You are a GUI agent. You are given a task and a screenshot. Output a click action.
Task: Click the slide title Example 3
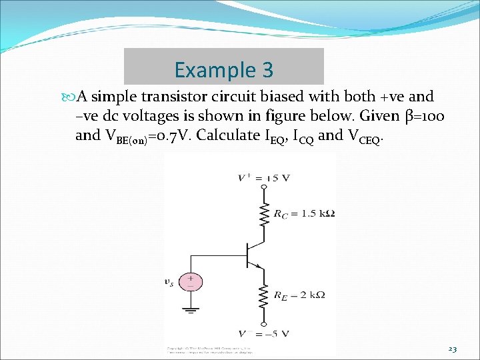[x=223, y=69]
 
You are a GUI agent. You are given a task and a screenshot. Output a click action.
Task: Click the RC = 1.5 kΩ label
[x=304, y=214]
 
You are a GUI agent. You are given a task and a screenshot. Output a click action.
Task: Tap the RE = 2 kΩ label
[x=299, y=294]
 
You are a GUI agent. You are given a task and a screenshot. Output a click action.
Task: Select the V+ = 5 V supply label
[x=264, y=177]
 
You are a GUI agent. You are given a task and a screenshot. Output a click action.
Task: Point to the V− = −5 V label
[x=264, y=333]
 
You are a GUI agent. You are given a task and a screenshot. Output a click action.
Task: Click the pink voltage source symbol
[x=191, y=281]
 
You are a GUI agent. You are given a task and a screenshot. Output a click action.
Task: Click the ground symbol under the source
[x=191, y=309]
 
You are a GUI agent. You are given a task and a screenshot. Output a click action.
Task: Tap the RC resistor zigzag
[x=265, y=214]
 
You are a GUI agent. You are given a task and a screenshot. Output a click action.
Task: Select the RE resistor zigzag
[x=265, y=294]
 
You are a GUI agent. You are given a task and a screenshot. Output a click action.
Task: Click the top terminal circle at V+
[x=265, y=188]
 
